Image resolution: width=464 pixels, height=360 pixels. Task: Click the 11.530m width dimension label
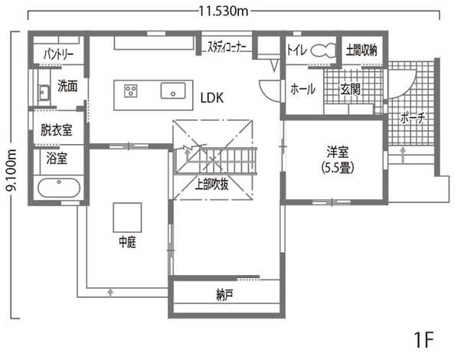tap(224, 11)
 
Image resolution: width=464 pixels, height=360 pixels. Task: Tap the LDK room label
tap(212, 98)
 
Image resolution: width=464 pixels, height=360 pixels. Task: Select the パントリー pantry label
tap(59, 54)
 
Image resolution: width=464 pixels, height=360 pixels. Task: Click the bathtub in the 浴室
tap(59, 188)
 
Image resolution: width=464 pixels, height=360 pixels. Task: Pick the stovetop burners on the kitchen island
tap(130, 91)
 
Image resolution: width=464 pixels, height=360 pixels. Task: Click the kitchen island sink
tap(173, 90)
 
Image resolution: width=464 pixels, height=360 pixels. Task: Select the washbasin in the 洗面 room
tap(44, 93)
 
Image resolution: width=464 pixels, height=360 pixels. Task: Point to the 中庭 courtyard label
tap(128, 242)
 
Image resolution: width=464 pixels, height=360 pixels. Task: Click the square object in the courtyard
tap(127, 218)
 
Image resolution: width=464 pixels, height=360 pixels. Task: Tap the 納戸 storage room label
tap(224, 295)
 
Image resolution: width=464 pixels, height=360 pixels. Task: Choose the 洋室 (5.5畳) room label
tap(338, 160)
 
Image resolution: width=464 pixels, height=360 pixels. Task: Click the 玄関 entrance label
tap(350, 89)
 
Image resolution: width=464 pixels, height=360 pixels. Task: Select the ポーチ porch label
tap(413, 117)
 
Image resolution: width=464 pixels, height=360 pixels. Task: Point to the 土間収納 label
tap(361, 51)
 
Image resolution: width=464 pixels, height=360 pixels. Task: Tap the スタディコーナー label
tap(227, 47)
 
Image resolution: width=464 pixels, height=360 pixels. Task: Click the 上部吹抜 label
tap(212, 184)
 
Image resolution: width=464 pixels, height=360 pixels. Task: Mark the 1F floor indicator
tap(424, 339)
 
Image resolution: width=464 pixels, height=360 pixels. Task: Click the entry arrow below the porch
tap(403, 155)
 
